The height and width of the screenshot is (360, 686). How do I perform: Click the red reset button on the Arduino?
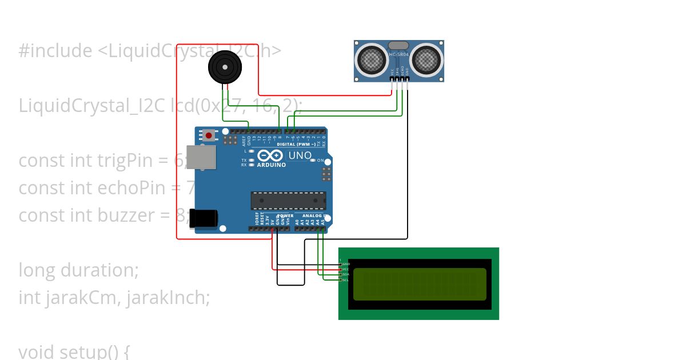tap(209, 135)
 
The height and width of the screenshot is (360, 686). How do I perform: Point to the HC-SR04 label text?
tap(398, 55)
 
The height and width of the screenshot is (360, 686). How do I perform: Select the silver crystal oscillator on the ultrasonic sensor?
tap(398, 45)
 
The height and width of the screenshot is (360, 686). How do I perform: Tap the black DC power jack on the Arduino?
tap(204, 218)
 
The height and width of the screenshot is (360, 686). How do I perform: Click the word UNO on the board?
tap(300, 155)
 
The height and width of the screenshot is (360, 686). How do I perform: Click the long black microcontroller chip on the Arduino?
tap(288, 201)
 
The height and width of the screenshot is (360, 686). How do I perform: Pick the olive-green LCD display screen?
tap(420, 284)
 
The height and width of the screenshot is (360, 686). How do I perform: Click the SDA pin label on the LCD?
tap(345, 274)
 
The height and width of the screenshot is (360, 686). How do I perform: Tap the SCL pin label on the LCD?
tap(345, 280)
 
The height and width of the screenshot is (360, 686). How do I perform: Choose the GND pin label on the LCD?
tap(346, 264)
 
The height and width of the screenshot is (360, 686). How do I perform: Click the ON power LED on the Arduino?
tap(320, 161)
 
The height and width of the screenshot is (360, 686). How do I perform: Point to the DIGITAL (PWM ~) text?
tap(296, 144)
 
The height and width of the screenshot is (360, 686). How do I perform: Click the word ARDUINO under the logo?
tap(272, 165)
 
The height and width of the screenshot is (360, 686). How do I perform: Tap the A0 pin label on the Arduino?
tap(297, 221)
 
